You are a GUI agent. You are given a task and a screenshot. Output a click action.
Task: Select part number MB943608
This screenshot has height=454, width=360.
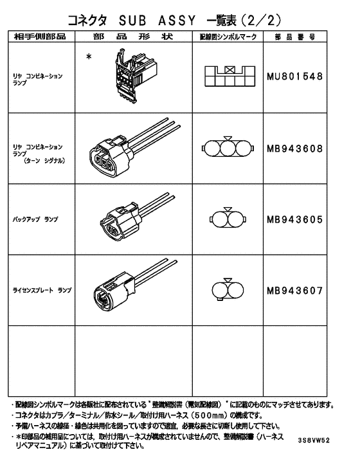tap(294, 149)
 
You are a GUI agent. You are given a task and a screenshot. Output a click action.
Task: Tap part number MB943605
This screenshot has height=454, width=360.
tap(294, 219)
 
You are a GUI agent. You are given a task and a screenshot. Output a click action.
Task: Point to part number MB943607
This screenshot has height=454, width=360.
tap(294, 289)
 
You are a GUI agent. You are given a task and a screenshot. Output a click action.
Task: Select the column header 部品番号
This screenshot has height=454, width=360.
tap(294, 37)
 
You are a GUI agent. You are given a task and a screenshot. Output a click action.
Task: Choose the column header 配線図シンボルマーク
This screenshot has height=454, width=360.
tap(228, 37)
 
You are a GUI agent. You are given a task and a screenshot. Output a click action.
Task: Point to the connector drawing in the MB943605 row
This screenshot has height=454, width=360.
tap(129, 220)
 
